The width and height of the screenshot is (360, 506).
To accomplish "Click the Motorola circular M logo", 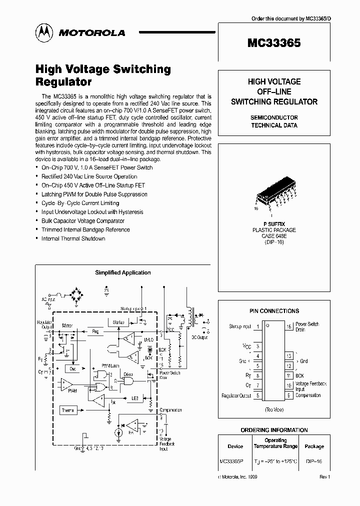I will tap(43, 32).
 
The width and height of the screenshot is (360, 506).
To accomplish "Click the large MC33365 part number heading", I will tap(274, 43).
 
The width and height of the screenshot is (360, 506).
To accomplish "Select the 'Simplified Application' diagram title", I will tap(123, 272).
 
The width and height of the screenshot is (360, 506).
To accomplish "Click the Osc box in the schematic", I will tap(72, 367).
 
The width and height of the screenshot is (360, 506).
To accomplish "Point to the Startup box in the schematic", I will tap(118, 322).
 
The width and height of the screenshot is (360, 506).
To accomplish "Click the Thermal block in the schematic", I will tap(68, 410).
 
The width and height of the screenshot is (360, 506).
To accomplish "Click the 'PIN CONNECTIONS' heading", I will tap(274, 310).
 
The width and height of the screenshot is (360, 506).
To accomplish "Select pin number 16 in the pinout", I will tap(289, 326).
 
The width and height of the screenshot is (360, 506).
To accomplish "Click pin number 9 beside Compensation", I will tap(289, 395).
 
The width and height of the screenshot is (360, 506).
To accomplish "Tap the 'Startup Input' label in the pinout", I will tap(240, 326).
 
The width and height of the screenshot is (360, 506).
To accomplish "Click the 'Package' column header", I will tap(314, 446).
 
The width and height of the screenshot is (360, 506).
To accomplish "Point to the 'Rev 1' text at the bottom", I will tap(324, 477).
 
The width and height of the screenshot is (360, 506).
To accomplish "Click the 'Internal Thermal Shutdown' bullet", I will tap(73, 238).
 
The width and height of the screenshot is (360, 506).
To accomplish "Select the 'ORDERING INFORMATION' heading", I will tap(274, 430).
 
